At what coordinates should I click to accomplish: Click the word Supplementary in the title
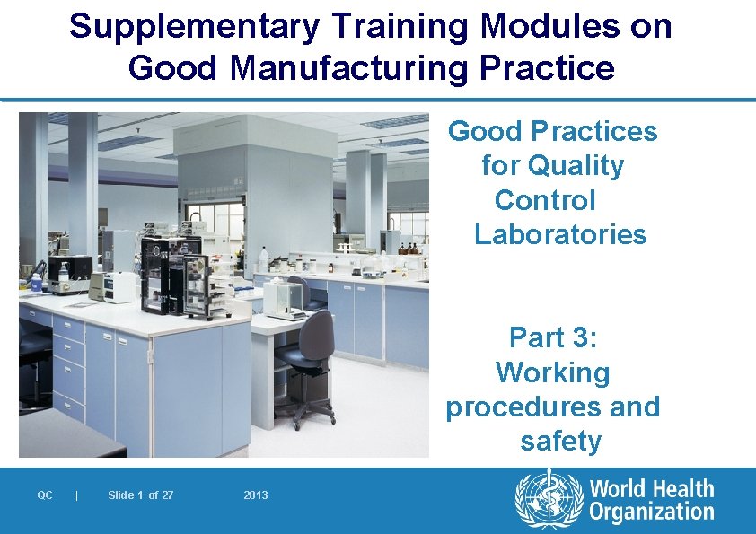point(193,27)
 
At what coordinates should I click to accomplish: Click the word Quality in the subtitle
point(576,166)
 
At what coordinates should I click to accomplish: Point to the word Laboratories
point(560,235)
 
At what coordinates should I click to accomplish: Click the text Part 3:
point(553,337)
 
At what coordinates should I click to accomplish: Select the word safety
point(560,442)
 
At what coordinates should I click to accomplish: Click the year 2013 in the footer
point(256,495)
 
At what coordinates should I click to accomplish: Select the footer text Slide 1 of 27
point(141,495)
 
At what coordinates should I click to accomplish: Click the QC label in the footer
point(45,495)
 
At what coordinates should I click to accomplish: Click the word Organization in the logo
point(651,513)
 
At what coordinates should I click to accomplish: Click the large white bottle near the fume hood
point(264,259)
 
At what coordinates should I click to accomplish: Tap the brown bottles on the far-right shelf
point(409,249)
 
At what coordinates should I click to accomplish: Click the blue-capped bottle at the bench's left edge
point(36,281)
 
